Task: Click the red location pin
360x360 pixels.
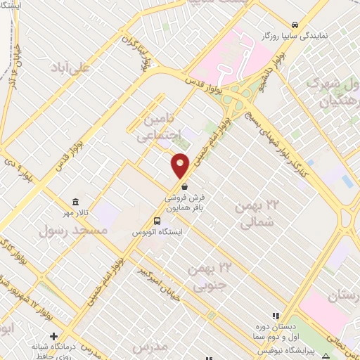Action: pyautogui.click(x=181, y=166)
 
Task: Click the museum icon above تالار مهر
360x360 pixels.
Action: pyautogui.click(x=75, y=202)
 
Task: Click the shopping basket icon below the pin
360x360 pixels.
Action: pyautogui.click(x=184, y=188)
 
